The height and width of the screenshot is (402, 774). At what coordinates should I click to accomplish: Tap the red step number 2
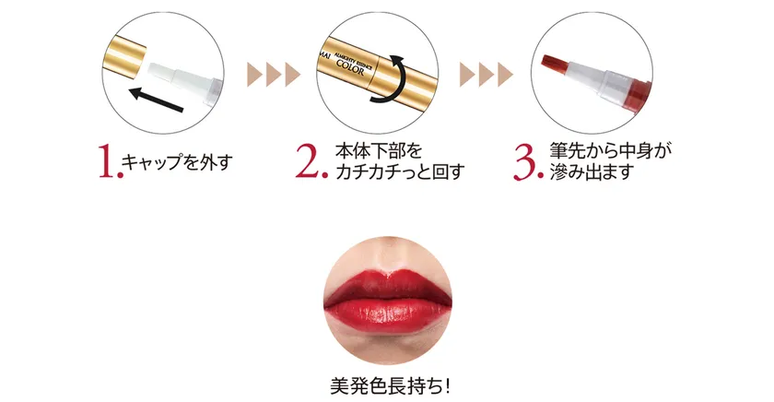(311, 161)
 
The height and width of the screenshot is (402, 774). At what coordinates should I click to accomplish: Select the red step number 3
(528, 162)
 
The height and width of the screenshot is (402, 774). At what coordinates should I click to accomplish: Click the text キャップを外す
(177, 162)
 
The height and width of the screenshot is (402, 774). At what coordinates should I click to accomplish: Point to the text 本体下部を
(379, 150)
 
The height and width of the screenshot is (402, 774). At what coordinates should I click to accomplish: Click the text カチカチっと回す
(400, 171)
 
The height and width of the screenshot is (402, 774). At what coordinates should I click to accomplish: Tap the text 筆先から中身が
(611, 150)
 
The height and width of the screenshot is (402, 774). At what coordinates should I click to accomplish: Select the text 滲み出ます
(592, 171)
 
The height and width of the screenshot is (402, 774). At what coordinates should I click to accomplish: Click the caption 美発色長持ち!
(390, 385)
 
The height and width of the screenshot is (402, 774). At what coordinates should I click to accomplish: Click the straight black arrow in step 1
(157, 100)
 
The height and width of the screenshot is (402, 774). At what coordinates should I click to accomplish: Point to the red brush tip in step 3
(556, 62)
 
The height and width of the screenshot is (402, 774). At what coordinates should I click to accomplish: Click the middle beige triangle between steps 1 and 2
(274, 75)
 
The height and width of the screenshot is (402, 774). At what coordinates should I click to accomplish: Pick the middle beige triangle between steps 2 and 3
(487, 75)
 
